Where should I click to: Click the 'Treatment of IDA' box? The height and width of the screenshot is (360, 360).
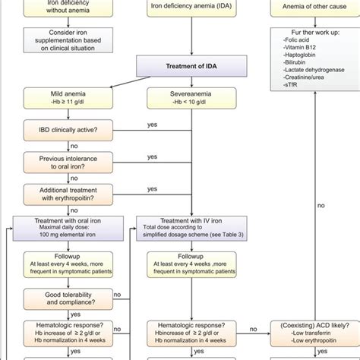click(181, 66)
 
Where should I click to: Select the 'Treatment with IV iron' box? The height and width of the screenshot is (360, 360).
click(181, 229)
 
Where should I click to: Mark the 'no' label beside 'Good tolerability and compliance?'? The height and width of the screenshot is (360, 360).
click(118, 292)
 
